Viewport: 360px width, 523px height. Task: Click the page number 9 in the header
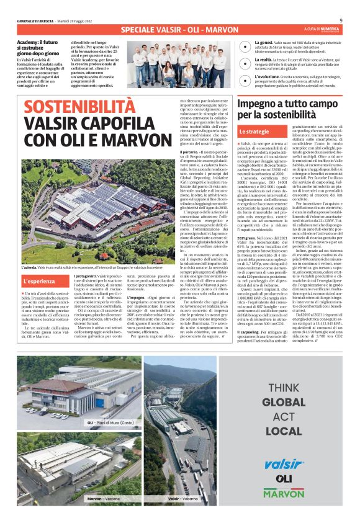(349, 20)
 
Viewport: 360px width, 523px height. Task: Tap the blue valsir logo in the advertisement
(283, 464)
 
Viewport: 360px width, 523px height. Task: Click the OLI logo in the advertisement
(284, 478)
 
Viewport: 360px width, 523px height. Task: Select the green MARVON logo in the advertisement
(284, 493)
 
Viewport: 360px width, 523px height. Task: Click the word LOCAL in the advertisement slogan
(284, 430)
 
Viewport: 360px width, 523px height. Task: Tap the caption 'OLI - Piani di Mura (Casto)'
(110, 422)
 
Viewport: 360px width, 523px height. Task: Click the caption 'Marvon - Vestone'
(103, 498)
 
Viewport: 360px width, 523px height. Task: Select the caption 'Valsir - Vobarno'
(182, 498)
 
